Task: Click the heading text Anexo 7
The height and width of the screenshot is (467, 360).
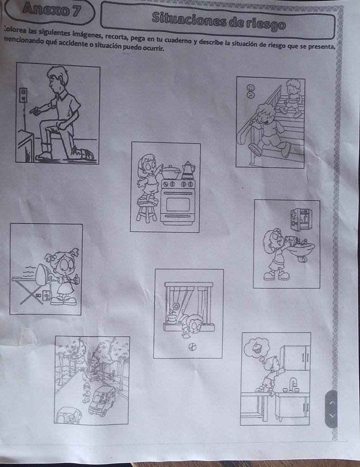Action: click(51, 10)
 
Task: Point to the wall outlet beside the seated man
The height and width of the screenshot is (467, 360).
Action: click(23, 95)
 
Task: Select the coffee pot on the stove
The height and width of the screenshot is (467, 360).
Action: click(188, 170)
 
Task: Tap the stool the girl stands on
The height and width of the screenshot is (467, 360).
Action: click(146, 210)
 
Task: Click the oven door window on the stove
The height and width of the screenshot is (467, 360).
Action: click(178, 204)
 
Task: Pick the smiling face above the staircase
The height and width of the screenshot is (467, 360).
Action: click(251, 88)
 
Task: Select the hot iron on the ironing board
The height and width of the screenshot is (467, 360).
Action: click(43, 274)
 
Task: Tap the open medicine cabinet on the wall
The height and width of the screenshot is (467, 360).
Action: click(301, 219)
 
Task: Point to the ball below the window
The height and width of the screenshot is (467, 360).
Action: click(192, 347)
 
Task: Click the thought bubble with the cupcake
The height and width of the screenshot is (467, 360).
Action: click(256, 348)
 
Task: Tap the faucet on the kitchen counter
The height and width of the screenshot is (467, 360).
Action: click(293, 385)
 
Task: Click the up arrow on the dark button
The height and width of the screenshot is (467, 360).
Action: click(332, 403)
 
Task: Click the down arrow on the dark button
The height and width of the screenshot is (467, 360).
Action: click(332, 415)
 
